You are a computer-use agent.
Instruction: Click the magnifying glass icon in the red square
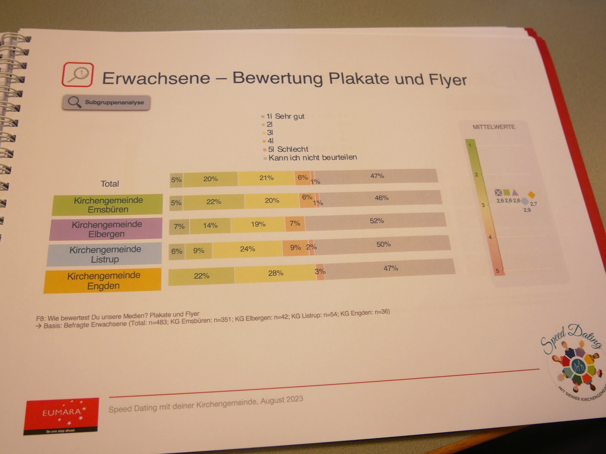click(x=78, y=74)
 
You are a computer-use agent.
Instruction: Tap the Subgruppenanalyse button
click(x=106, y=102)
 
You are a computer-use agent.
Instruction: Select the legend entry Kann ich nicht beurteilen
click(x=312, y=157)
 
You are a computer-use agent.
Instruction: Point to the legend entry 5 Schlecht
click(x=288, y=149)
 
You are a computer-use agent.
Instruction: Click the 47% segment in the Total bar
click(x=377, y=176)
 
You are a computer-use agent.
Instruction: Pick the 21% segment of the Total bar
click(x=266, y=178)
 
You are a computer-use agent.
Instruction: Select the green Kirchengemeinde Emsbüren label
click(x=108, y=205)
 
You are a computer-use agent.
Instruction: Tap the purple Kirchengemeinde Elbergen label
click(x=106, y=229)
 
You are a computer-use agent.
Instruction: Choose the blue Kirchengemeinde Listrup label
click(x=105, y=254)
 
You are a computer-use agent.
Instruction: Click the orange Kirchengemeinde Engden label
click(x=103, y=280)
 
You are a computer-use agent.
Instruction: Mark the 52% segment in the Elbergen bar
click(x=376, y=221)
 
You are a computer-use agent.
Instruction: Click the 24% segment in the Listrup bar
click(x=248, y=249)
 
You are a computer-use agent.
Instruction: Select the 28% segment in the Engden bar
click(x=275, y=273)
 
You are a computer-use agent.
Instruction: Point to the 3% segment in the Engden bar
click(x=320, y=272)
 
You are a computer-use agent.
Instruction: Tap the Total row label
click(x=110, y=184)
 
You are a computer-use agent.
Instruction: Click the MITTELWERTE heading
click(x=494, y=127)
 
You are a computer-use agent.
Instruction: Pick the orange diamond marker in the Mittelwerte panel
click(x=531, y=195)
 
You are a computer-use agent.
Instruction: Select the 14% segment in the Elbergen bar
click(x=210, y=226)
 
